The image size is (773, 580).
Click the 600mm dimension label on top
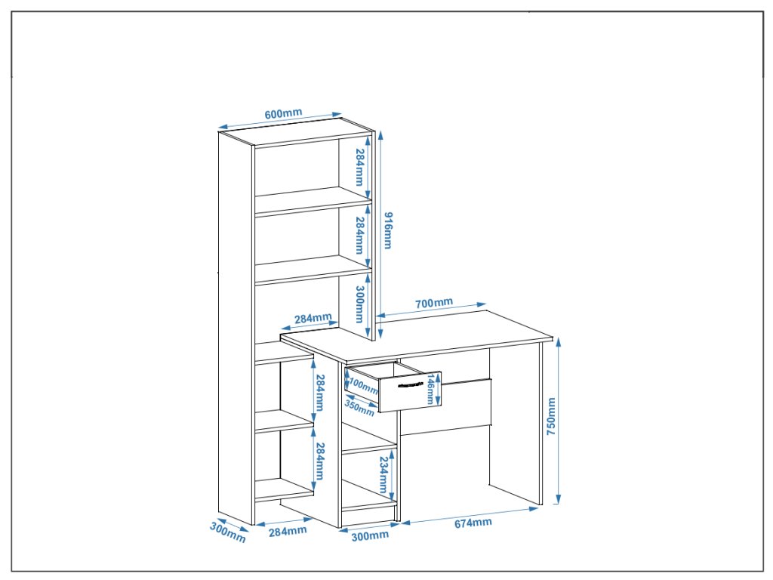[283, 114]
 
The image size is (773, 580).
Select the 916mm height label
[388, 230]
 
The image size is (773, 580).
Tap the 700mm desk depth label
[434, 304]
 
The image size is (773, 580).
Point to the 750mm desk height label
[551, 416]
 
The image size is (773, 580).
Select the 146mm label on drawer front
[430, 389]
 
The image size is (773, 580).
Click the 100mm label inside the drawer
[365, 387]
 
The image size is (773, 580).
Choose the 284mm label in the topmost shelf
[360, 168]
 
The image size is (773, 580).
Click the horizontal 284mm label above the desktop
[313, 318]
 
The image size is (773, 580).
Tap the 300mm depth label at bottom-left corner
[227, 532]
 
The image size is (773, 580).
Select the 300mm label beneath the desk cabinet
[370, 535]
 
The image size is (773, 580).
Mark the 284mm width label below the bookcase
[288, 530]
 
